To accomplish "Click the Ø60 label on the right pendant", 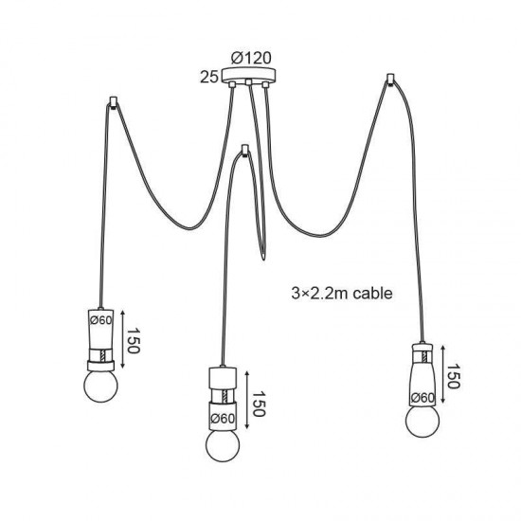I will click(x=422, y=398).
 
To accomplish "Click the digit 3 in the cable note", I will click(x=293, y=293).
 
